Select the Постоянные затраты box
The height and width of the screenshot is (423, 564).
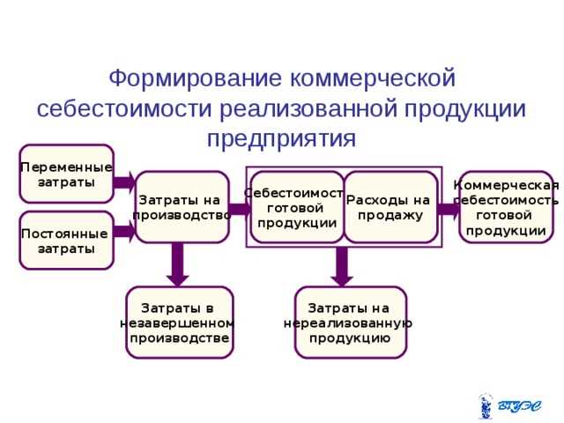67,241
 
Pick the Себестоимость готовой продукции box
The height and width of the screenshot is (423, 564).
295,206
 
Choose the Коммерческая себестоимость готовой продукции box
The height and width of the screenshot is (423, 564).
506,207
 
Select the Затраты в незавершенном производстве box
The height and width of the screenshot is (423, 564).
180,323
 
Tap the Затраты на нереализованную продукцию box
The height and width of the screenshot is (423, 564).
350,323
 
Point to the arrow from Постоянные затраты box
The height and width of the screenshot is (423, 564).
124,232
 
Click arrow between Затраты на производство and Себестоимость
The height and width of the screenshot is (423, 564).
239,209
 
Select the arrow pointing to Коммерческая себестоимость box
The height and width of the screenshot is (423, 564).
449,209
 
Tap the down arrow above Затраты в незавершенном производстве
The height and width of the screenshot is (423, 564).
179,264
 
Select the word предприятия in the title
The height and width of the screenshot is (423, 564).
282,138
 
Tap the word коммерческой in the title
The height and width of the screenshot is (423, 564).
374,78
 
